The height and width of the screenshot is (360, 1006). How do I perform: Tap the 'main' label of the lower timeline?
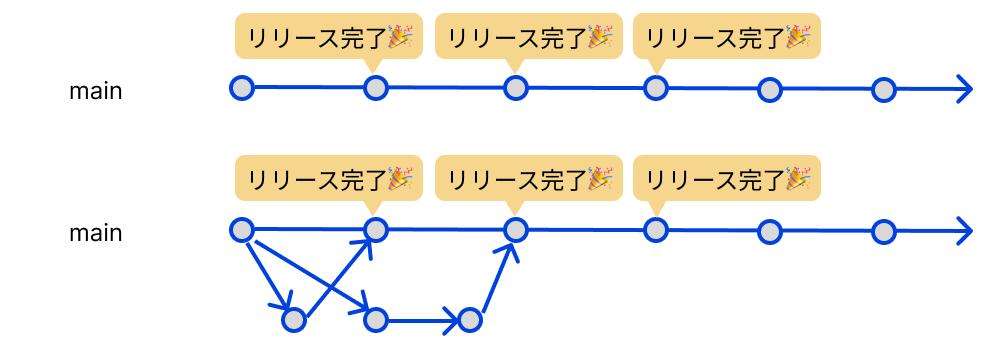[x=95, y=233]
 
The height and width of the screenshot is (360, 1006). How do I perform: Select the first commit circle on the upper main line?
[x=240, y=88]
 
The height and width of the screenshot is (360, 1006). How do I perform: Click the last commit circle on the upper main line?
[x=882, y=90]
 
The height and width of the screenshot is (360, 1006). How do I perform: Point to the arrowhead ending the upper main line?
[x=962, y=90]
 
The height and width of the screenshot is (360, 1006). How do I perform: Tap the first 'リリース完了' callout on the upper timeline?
[x=328, y=38]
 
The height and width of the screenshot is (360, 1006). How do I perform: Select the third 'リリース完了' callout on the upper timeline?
[x=727, y=38]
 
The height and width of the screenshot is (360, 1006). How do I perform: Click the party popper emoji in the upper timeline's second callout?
[x=599, y=38]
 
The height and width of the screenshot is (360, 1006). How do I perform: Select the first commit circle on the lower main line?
[x=240, y=230]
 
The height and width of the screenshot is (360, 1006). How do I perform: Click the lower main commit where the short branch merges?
[x=375, y=230]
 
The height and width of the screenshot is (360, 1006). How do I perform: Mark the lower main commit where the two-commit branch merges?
[x=515, y=230]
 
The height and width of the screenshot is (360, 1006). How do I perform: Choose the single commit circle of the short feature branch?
[x=293, y=320]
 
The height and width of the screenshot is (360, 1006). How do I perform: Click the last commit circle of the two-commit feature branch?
[x=469, y=321]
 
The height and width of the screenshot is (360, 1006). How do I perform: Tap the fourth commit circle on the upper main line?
[x=655, y=89]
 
